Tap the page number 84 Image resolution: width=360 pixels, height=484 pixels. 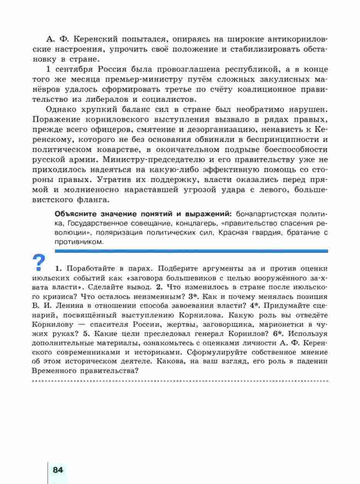tap(58, 470)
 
